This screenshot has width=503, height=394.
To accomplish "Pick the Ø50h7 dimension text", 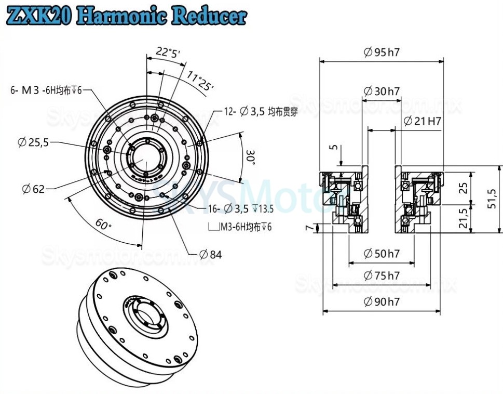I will [x=382, y=254].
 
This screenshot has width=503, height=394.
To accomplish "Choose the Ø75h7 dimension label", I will [x=382, y=275].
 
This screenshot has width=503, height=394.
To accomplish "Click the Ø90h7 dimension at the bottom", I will [x=382, y=302].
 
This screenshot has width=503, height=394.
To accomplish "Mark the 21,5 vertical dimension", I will [x=466, y=219].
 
